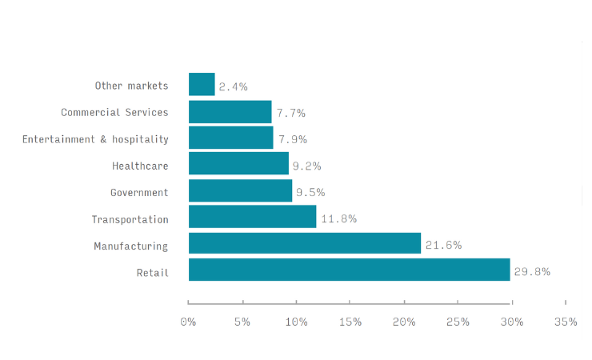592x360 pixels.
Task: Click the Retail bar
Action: point(349,270)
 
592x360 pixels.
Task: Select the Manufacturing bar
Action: point(305,243)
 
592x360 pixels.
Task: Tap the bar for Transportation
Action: point(252,217)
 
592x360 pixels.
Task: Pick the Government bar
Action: point(240,190)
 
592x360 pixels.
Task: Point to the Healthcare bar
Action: point(238,164)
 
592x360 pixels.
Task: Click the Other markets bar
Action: point(202,85)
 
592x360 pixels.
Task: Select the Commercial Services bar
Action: point(230,111)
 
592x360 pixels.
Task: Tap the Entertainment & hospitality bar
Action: point(231,138)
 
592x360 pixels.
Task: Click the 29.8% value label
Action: point(532,271)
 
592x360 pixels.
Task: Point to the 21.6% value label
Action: point(443,245)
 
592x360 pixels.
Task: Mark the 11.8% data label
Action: point(338,218)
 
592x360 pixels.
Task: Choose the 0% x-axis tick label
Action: point(188,322)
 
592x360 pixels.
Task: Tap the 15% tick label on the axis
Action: point(350,322)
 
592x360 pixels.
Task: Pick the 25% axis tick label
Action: point(458,322)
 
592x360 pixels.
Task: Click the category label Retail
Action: point(153,273)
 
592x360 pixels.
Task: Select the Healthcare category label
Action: point(140,166)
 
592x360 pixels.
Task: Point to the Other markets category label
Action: point(132,86)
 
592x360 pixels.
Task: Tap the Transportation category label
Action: point(130,219)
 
